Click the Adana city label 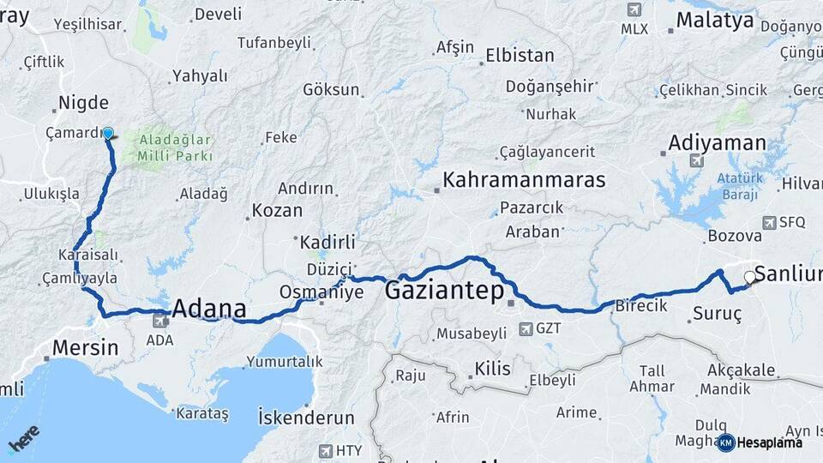point(209,309)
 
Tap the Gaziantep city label point(444,291)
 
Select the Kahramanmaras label point(523,181)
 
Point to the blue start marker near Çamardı point(108,134)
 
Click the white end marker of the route point(750,277)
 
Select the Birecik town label point(641,306)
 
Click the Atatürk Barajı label point(738,186)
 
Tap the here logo point(25,437)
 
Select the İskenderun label point(306,418)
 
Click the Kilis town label point(492,370)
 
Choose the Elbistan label point(520,56)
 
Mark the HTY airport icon point(326,450)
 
